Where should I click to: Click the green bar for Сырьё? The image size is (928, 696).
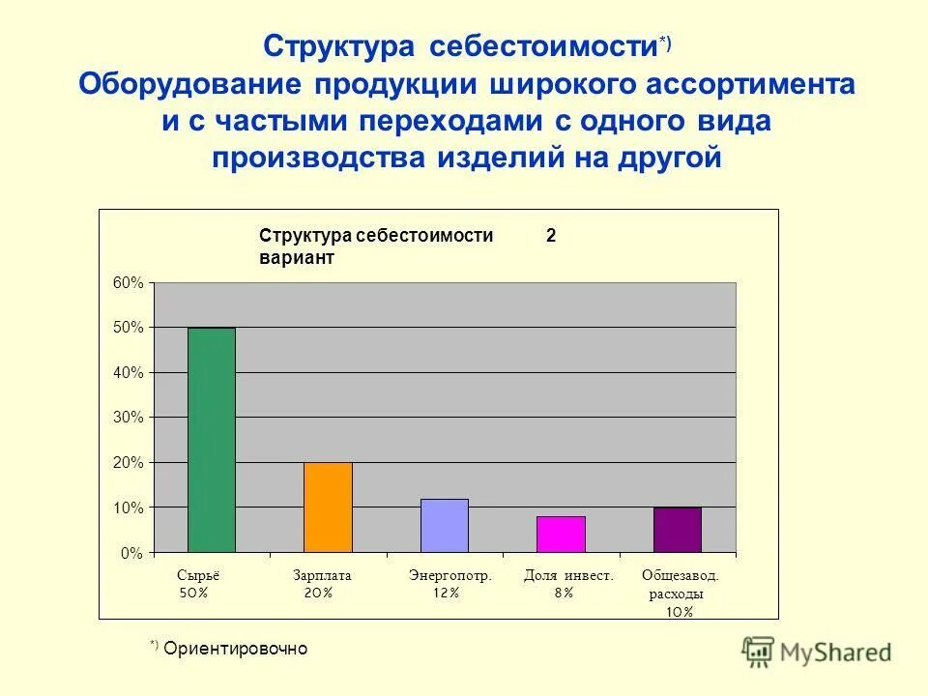point(212,440)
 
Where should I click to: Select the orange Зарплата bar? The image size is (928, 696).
point(328,507)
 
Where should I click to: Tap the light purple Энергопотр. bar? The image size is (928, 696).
point(444,526)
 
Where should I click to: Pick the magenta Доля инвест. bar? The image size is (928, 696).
point(561,535)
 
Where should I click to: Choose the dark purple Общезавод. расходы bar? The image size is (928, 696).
point(677,530)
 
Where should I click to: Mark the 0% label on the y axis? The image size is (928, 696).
point(133,553)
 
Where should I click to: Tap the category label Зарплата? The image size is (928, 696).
point(322,575)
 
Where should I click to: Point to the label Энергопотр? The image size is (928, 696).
point(450,575)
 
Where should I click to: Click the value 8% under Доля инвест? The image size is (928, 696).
point(564,593)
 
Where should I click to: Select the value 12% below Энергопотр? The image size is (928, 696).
point(446,593)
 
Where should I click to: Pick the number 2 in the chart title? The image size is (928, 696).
point(551,236)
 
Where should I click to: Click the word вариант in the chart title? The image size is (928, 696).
point(296,258)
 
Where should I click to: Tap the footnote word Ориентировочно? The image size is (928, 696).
point(235,648)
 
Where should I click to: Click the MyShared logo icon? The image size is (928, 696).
point(759,652)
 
